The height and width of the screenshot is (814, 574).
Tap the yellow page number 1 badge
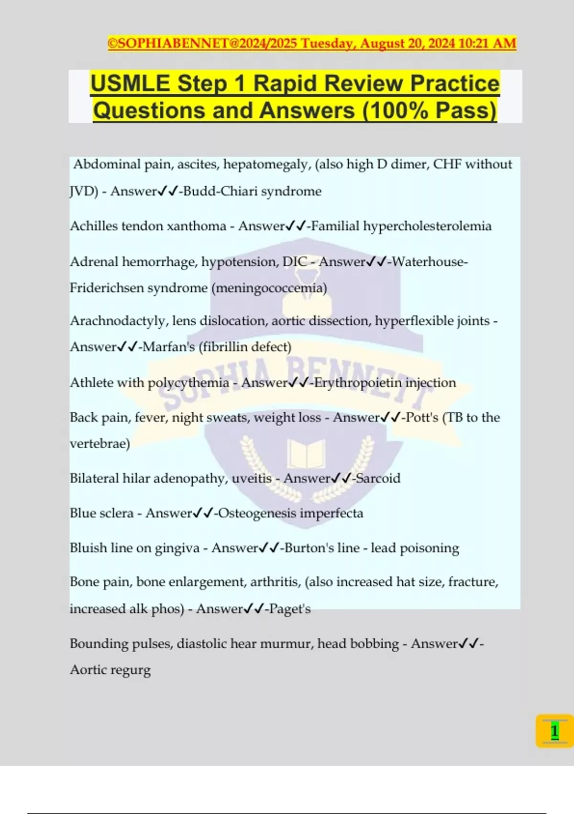tap(554, 731)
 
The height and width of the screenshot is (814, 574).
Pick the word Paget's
tap(290, 609)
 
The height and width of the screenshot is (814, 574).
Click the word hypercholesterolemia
tap(427, 226)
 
